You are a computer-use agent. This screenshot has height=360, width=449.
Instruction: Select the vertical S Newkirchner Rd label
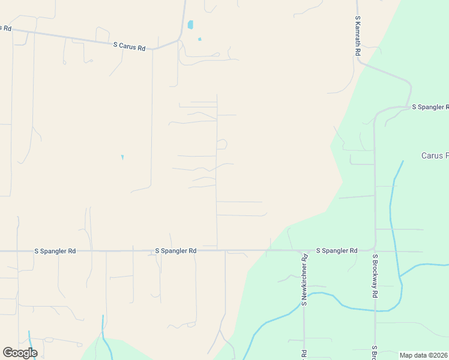point(304,281)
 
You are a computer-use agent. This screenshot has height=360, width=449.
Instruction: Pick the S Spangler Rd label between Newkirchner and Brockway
point(337,250)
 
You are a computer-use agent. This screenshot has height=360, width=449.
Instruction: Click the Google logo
point(20,353)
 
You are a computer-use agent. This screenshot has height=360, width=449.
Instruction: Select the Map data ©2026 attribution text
point(423,355)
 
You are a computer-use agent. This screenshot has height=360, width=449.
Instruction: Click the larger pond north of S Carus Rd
point(190,25)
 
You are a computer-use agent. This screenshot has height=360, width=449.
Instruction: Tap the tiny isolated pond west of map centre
point(122,157)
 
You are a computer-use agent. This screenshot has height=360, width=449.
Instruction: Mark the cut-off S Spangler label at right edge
point(430,107)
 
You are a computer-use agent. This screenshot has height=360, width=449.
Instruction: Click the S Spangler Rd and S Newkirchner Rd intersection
point(303,251)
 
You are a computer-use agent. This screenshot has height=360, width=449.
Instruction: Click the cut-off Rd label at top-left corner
point(6,28)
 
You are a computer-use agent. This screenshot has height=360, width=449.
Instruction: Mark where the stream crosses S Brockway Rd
point(376,311)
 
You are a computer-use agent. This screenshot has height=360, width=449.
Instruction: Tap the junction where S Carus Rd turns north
point(179,41)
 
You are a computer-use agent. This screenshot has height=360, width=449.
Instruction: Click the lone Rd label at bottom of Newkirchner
point(304,354)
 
